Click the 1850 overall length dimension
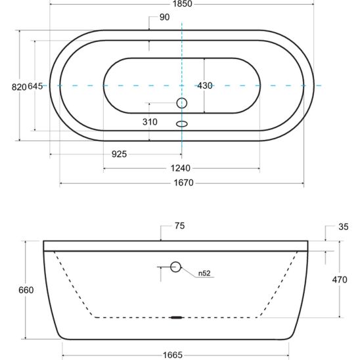[x=182, y=4]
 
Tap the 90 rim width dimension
[x=165, y=17]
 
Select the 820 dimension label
[x=19, y=87]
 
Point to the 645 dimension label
[x=35, y=86]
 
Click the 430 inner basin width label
[x=205, y=85]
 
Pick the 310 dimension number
[x=150, y=122]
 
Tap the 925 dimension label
[x=119, y=154]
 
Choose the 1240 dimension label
[x=181, y=168]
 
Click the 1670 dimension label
[x=183, y=183]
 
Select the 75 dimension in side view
[x=179, y=226]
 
